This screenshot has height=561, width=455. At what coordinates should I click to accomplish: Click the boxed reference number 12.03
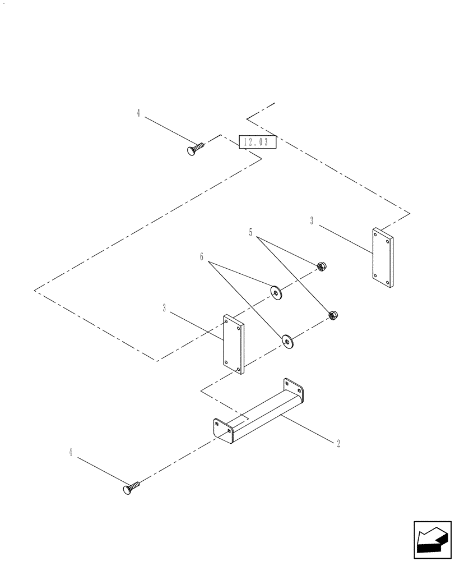[x=257, y=142]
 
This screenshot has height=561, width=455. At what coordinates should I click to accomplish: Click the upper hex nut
[x=322, y=266]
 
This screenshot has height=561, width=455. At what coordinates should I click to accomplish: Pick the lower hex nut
[x=332, y=316]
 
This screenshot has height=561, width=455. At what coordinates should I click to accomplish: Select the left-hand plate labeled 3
[x=233, y=344]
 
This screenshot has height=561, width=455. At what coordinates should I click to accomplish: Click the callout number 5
[x=250, y=232]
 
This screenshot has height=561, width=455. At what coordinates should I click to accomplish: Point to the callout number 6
[x=201, y=257]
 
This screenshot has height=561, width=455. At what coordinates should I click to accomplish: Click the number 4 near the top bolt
[x=138, y=113]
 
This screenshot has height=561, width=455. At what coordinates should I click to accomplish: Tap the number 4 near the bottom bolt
[x=71, y=452]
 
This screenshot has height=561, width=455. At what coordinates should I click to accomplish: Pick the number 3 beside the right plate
[x=312, y=221]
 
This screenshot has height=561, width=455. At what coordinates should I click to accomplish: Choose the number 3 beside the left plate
[x=164, y=308]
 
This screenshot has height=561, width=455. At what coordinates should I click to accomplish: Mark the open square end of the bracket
[x=223, y=431]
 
